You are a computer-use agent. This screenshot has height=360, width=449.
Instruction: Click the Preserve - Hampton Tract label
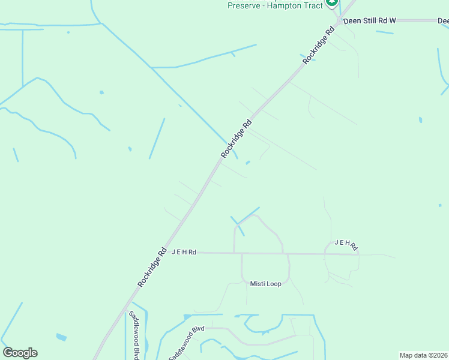pos(275,5)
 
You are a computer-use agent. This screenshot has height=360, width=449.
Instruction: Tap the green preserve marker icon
pos(332,4)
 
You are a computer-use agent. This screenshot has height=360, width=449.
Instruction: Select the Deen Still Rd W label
pos(369,20)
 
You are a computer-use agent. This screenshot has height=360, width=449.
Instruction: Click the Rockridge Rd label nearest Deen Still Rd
pos(318,45)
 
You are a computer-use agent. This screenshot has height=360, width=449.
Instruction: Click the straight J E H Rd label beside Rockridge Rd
pos(184,253)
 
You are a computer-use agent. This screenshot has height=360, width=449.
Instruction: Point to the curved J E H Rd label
pos(346,244)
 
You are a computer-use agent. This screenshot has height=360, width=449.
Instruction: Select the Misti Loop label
pos(265,284)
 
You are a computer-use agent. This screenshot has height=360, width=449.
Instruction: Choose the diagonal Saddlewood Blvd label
pos(187,343)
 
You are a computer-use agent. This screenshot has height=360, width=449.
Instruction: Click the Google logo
pos(20,353)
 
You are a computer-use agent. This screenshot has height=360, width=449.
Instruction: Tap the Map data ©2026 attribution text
pos(423,355)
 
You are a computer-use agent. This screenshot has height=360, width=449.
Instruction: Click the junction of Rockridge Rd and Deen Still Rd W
pos(339,20)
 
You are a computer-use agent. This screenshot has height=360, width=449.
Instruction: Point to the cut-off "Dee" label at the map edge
pos(443,21)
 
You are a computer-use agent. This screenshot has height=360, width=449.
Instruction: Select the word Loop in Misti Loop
pos(273,284)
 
